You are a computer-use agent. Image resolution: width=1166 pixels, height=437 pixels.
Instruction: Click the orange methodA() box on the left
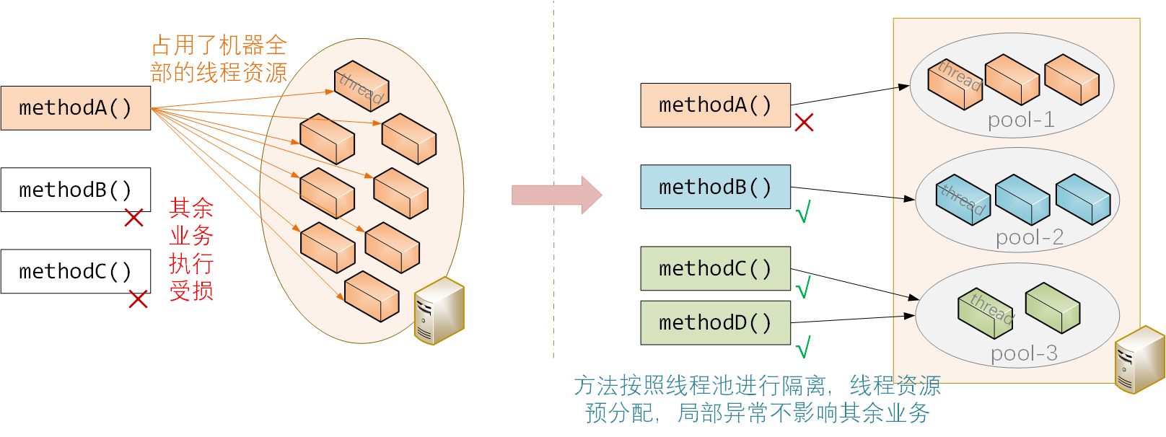click(76, 108)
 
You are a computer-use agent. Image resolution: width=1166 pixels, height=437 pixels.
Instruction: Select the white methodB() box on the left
click(76, 190)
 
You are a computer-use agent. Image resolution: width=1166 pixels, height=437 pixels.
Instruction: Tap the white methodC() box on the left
click(76, 271)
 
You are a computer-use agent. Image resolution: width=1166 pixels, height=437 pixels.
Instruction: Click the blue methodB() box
click(715, 187)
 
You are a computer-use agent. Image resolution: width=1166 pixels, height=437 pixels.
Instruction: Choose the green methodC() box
click(715, 268)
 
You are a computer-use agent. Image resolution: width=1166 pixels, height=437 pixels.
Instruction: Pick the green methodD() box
click(715, 322)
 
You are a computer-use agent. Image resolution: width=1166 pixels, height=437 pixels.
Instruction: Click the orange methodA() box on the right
click(715, 105)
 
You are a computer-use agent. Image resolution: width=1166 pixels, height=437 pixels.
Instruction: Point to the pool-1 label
click(1021, 120)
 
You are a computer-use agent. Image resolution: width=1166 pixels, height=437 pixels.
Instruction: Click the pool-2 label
click(1030, 237)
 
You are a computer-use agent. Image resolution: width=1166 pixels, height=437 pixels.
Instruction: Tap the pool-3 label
click(1024, 353)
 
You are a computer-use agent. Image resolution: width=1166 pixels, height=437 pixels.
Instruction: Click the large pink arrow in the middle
click(556, 195)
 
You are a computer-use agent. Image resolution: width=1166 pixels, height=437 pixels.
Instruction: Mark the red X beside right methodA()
click(804, 123)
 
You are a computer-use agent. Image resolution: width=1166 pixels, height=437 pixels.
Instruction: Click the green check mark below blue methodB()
click(803, 212)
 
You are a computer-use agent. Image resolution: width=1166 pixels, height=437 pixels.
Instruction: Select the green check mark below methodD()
click(803, 348)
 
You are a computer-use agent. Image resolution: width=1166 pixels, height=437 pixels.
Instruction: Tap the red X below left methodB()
click(133, 218)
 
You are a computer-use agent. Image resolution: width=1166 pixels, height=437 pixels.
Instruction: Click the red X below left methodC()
click(138, 299)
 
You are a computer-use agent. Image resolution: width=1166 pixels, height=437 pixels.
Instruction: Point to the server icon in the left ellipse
click(439, 311)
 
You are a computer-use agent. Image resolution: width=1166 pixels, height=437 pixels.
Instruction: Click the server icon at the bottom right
click(1139, 360)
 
